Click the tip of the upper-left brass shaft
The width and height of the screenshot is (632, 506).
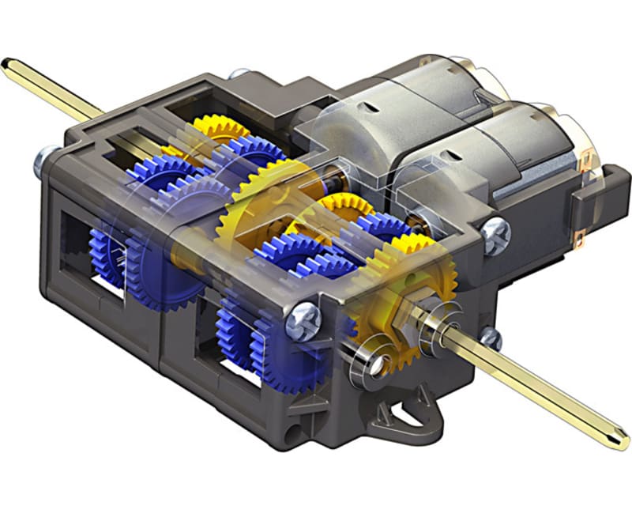(6, 61)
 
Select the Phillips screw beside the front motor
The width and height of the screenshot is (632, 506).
(496, 235)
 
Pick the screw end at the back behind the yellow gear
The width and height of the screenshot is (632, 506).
(234, 74)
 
